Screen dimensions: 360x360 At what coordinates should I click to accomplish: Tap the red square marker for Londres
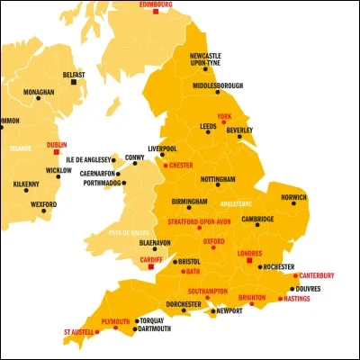[x=249, y=260]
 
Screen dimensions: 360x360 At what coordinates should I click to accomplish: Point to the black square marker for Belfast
[x=74, y=83]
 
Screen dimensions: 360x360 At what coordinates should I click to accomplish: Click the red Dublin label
[x=55, y=144]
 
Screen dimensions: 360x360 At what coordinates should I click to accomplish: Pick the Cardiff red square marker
[x=151, y=266]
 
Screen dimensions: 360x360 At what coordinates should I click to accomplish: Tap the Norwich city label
[x=293, y=197]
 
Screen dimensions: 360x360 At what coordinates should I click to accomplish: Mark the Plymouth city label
[x=116, y=320]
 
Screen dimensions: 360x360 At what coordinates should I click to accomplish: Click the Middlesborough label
[x=218, y=85]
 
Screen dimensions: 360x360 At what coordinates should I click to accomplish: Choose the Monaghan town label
[x=38, y=93]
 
